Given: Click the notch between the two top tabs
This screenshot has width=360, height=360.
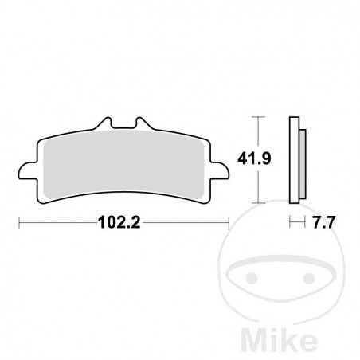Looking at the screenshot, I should pos(123,127).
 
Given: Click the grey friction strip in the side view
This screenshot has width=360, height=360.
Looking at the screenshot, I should pos(303,159).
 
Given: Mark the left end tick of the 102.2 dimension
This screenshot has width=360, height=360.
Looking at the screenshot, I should pos(18,224).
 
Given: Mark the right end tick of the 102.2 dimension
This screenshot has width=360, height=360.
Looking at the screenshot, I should pos(229,224).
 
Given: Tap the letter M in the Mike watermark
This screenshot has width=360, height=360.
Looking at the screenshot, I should pos(245,335).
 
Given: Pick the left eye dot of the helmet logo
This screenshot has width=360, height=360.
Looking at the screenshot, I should pos(253,279).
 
